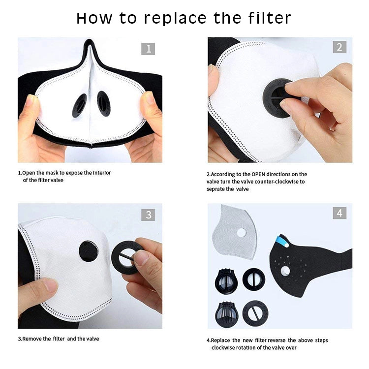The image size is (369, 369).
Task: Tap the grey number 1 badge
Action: coord(148,49)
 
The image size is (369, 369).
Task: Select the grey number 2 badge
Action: coord(339,47)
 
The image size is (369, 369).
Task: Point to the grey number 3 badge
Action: coord(148,215)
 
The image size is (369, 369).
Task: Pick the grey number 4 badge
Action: coord(339,213)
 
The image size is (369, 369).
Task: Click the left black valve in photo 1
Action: coord(79,105)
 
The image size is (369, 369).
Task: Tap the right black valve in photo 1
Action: coord(104,103)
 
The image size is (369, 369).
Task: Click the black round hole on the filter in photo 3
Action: coord(89,251)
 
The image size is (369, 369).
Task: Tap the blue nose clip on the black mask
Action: coord(282,242)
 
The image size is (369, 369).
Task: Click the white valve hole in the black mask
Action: coord(285,271)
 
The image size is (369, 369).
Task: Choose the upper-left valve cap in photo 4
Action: coord(226,281)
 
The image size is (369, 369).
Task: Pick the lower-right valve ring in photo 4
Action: coord(255,313)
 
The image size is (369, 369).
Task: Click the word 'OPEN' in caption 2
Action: coord(258,174)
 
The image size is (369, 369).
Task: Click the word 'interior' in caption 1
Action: coord(102,173)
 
